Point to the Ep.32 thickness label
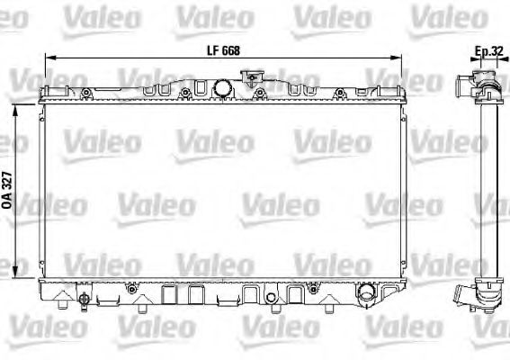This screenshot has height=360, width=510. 488,52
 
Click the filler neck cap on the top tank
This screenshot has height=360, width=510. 219,88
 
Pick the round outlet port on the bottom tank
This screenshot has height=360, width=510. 365,294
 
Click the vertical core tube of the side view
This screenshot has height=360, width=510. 488,189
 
